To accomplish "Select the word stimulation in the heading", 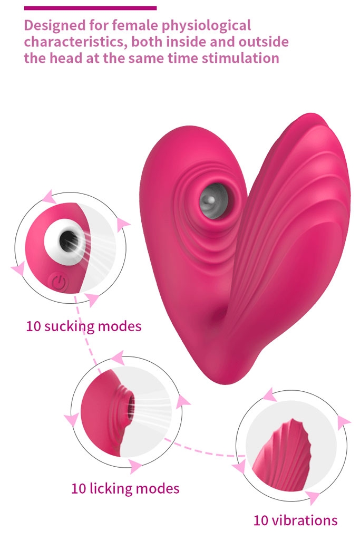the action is [240, 58].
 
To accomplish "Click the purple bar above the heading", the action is [90, 7].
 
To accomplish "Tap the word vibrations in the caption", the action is [305, 520].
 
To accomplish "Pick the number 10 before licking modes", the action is [79, 489].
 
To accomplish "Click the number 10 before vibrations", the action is [261, 520].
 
